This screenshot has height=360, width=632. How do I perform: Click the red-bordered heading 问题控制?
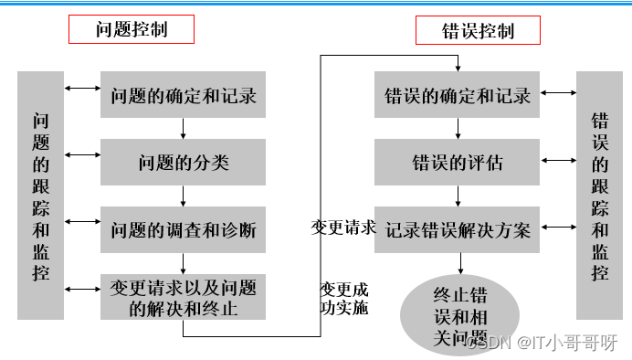coord(132,29)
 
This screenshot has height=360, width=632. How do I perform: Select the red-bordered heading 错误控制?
coord(478,30)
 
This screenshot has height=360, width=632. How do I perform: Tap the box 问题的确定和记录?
coord(183,94)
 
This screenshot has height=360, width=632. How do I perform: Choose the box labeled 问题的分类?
coord(183,163)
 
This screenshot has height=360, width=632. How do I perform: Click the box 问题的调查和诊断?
coord(183,229)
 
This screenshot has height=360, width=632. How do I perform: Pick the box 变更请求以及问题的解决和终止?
coord(183,297)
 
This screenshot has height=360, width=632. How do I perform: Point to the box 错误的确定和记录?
coord(457,94)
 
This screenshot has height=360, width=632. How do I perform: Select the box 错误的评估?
coord(457,163)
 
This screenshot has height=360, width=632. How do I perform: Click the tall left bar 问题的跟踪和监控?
coord(40,196)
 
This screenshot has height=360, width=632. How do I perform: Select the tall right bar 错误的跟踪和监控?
coord(599,196)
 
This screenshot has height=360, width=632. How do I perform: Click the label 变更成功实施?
coord(343,298)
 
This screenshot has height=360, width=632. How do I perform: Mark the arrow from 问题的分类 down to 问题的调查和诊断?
coord(184,196)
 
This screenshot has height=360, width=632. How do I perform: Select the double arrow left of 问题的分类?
coord(82,155)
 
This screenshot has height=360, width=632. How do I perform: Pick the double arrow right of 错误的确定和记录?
coord(557,94)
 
